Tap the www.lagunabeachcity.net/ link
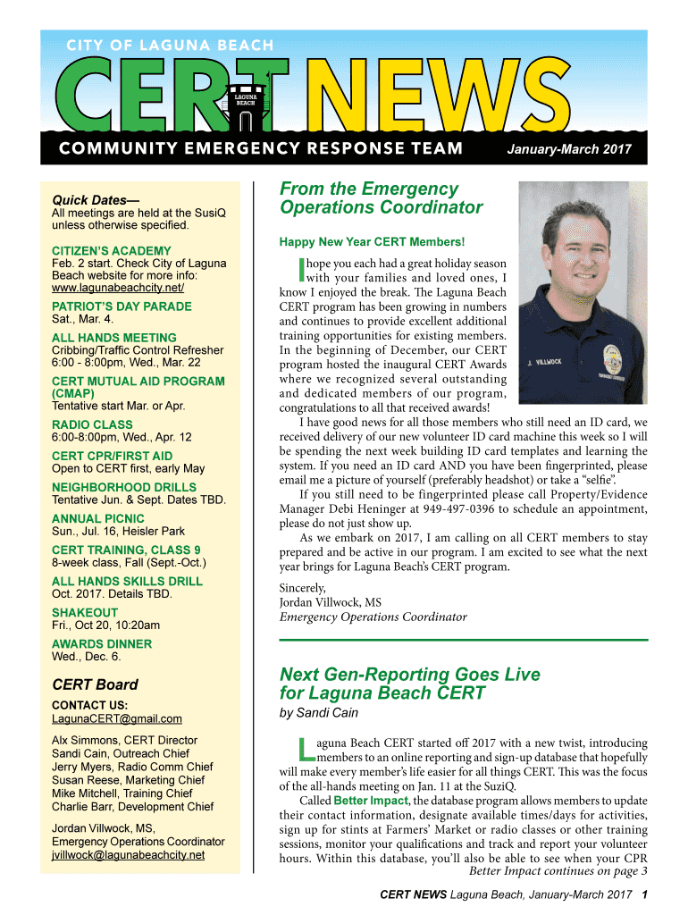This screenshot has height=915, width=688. (x=118, y=289)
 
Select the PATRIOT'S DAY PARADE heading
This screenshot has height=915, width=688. (x=122, y=306)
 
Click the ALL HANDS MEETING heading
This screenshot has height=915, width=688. (x=114, y=338)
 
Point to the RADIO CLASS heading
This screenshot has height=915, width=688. (x=92, y=424)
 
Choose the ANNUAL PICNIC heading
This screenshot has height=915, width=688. (x=97, y=518)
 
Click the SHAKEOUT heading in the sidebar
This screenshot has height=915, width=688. (x=85, y=612)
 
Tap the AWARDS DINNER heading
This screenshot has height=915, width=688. (x=102, y=643)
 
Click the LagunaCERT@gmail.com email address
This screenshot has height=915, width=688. (x=117, y=718)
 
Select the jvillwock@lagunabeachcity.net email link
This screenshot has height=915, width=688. (x=128, y=854)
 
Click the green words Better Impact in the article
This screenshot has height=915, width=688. (x=371, y=800)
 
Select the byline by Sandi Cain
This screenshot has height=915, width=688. (x=319, y=713)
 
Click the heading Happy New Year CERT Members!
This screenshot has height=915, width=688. (x=372, y=242)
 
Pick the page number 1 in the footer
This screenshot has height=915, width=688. (x=644, y=894)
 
